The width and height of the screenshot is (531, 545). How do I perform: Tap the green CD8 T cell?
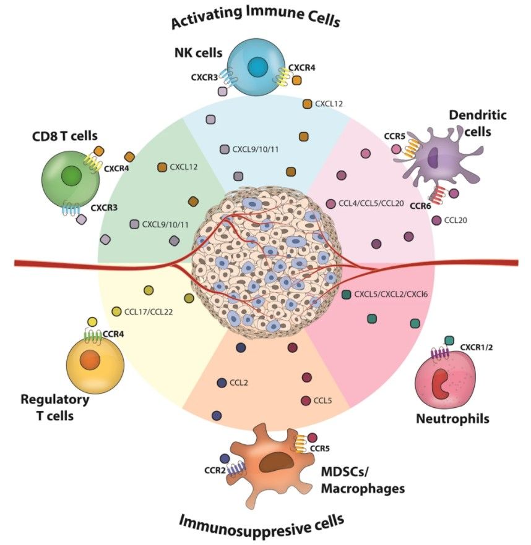71,176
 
